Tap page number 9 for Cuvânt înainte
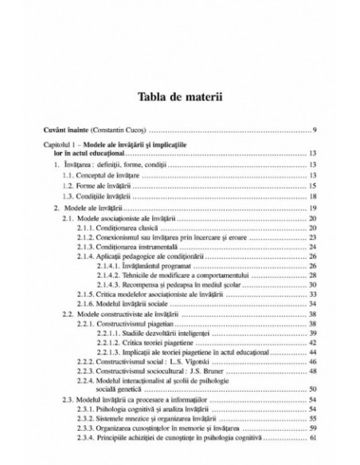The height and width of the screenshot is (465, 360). point(315,129)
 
